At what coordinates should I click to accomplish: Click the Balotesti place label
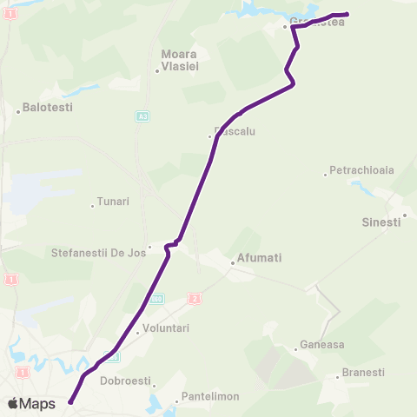pos(48,108)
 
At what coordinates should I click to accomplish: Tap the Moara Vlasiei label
pos(180,59)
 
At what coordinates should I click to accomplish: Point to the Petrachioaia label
pos(360,170)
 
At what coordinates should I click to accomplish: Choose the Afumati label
pos(260,258)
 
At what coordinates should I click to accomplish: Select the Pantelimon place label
pos(208,399)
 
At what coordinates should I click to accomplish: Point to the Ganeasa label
pos(322,344)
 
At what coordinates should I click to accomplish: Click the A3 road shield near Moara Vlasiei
pos(141,116)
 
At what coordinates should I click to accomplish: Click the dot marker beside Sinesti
pos(405,215)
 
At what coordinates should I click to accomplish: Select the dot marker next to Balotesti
pos(18,110)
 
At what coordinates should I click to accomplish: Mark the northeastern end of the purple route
pos(347,14)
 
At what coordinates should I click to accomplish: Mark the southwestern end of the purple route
pos(69,401)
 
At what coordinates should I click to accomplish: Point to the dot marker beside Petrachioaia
pos(326,174)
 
